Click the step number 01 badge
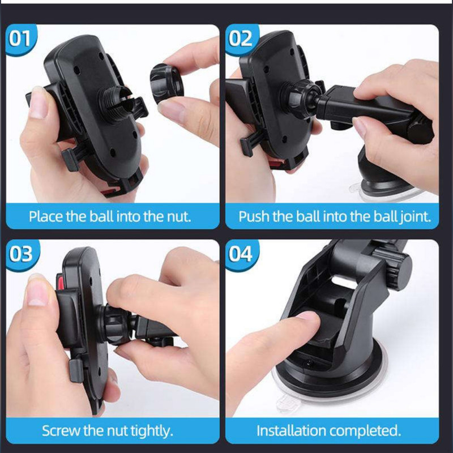pyautogui.click(x=20, y=39)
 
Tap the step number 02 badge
pyautogui.click(x=240, y=39)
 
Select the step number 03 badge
pyautogui.click(x=21, y=254)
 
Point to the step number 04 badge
pyautogui.click(x=240, y=254)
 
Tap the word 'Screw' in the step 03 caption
pyautogui.click(x=61, y=431)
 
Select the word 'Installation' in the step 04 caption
pyautogui.click(x=291, y=431)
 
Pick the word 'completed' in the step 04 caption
pyautogui.click(x=365, y=431)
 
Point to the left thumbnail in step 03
pyautogui.click(x=37, y=290)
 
